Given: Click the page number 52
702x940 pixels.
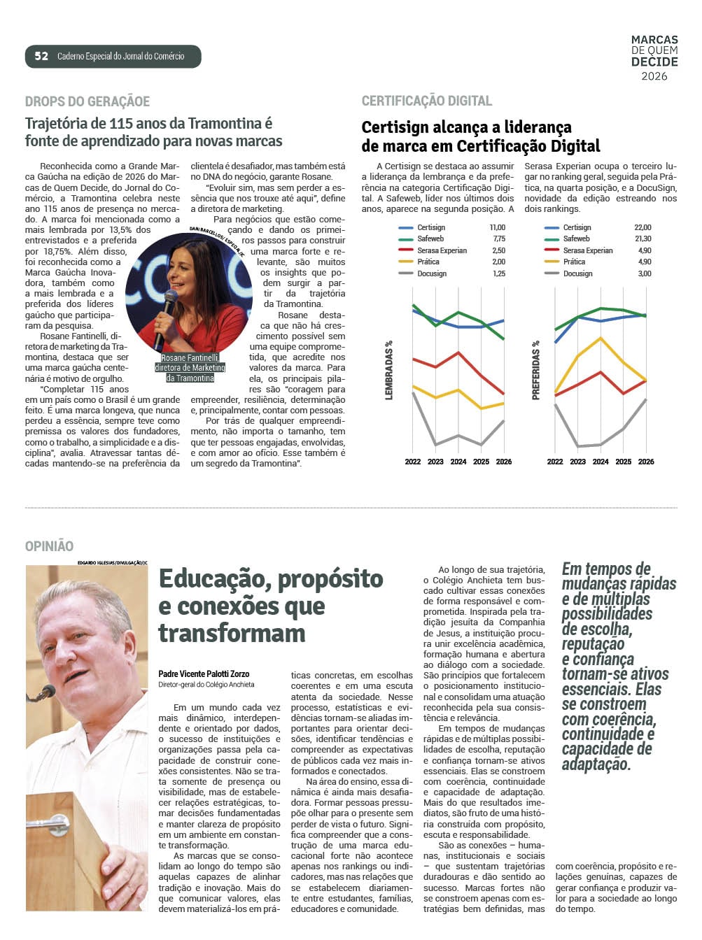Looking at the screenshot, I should tap(41, 56).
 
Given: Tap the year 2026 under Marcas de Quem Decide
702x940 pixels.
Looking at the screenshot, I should tap(654, 76).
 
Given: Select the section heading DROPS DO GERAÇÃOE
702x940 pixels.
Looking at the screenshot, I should tap(87, 101).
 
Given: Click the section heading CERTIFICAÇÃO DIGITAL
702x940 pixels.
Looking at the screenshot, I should tap(427, 101).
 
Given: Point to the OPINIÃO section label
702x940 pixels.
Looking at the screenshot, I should tap(49, 546).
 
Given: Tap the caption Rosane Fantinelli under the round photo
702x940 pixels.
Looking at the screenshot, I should tap(190, 358).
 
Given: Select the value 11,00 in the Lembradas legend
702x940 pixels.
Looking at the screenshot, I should tap(497, 227).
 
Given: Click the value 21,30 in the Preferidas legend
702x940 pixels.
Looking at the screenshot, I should tap(643, 238).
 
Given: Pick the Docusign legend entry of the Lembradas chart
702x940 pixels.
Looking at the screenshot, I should tap(432, 273).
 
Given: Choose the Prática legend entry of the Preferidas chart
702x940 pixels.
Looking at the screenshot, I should tap(574, 262).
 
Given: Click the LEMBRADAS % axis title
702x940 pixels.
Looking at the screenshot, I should tap(389, 370).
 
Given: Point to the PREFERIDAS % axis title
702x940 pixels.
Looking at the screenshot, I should tap(536, 370).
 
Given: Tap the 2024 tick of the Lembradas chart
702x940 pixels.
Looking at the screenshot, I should tap(458, 462).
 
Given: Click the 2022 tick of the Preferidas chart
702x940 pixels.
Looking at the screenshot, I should tap(555, 462).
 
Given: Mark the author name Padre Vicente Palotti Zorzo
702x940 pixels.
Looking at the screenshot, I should tap(204, 674).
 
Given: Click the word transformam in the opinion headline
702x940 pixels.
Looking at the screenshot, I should tap(232, 633).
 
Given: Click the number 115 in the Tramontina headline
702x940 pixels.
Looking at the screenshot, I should tap(121, 124).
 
